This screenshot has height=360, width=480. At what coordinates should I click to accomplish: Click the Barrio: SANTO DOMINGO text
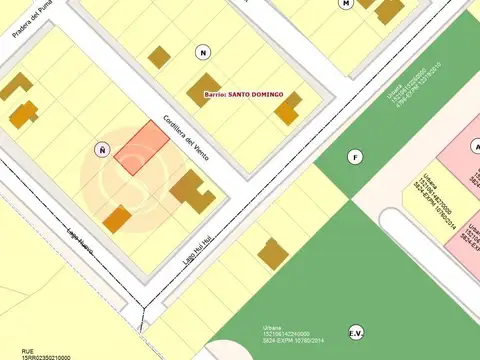point(244,94)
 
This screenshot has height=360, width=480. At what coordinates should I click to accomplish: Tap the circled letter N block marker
point(204,52)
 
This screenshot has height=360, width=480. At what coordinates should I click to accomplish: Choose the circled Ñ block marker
point(101,149)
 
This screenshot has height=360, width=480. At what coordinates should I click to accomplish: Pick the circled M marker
point(346,3)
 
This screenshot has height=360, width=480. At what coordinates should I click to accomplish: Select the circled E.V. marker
point(355,332)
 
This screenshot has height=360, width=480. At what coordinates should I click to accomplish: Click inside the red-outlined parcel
point(141,146)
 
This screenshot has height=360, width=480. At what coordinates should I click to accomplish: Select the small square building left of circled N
point(159,57)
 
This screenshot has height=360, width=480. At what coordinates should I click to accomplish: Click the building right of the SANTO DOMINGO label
point(287,108)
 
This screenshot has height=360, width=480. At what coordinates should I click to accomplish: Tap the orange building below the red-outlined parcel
point(118,219)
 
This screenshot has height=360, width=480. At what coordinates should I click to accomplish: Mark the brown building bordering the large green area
point(273,253)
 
